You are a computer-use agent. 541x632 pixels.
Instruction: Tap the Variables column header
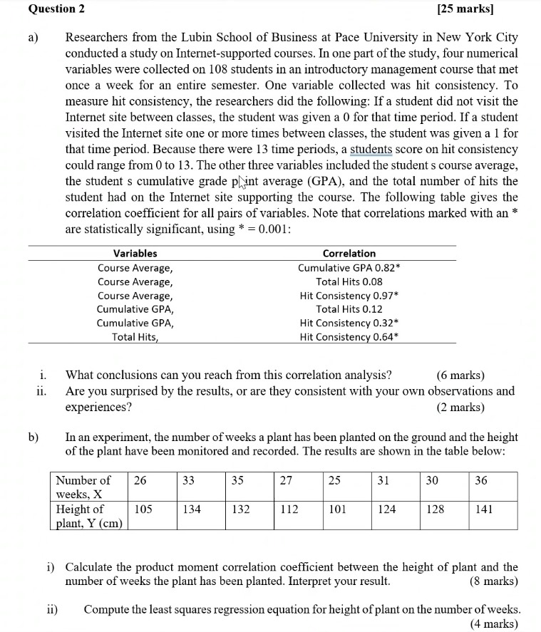(135, 253)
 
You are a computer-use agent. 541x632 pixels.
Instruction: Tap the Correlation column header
(349, 253)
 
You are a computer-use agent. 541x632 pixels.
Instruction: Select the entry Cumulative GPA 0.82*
(349, 268)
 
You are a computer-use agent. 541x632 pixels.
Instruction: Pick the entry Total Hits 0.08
(349, 281)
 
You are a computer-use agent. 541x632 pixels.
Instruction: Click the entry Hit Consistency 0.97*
(349, 295)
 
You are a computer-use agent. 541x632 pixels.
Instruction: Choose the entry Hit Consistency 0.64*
(349, 336)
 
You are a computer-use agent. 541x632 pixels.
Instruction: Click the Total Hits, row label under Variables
(135, 336)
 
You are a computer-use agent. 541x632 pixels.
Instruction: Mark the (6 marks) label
(460, 375)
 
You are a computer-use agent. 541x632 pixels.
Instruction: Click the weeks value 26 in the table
(140, 480)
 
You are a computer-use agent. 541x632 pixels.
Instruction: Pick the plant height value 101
(335, 509)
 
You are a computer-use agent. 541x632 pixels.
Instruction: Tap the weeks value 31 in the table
(383, 480)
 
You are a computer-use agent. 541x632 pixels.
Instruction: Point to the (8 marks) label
(494, 581)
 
